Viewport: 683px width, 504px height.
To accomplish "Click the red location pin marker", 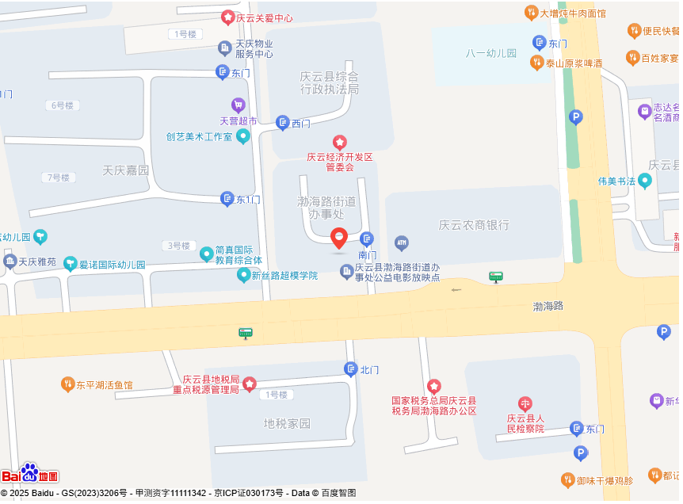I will coord(339,238).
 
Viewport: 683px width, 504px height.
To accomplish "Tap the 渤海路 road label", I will coord(548,305).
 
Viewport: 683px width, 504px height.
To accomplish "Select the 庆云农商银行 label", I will coord(474,225).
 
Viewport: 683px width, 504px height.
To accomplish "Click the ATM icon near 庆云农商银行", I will coord(402,242).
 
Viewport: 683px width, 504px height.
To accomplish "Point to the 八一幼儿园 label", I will coord(491,54).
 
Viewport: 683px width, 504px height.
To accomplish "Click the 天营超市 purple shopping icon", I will coord(238,105).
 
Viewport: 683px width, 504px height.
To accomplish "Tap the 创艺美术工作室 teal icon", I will coord(243,136).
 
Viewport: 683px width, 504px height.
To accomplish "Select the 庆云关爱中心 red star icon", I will coord(227,17).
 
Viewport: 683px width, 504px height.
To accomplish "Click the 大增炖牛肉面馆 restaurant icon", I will coord(532,13).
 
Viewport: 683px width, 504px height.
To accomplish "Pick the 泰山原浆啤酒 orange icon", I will coord(536,63).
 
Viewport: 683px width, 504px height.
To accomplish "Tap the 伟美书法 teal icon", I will coord(645,181).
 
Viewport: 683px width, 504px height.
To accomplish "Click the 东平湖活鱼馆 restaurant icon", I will coord(67,385).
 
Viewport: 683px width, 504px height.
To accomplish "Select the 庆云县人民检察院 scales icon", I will coord(525,404).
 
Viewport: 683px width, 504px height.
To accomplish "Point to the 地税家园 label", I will coord(287,424).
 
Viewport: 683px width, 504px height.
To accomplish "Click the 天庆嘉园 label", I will coord(126,170).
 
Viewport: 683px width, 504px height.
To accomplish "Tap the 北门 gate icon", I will coord(351,369).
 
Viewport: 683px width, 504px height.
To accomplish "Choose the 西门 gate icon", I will coord(283,123).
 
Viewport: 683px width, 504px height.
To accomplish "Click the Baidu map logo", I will coord(30,474).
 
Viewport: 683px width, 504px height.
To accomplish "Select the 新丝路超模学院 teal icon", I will coord(244,275).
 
